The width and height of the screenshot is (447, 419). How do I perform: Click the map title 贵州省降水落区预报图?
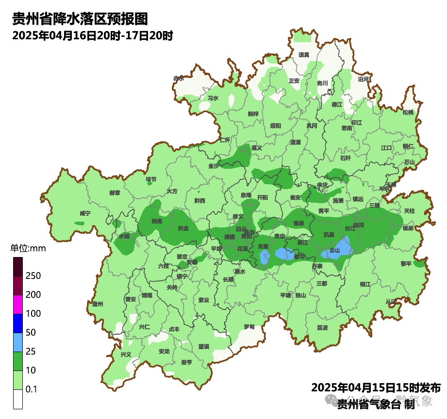pyautogui.click(x=80, y=19)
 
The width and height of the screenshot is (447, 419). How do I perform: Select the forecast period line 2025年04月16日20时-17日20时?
pyautogui.click(x=93, y=35)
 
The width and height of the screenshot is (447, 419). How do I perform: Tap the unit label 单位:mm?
pyautogui.click(x=28, y=249)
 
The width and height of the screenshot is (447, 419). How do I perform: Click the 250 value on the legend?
pyautogui.click(x=33, y=276)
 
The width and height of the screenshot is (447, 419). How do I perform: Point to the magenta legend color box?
pyautogui.click(x=18, y=304)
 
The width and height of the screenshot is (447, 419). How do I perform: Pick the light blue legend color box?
pyautogui.click(x=18, y=342)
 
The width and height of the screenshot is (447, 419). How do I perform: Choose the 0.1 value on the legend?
pyautogui.click(x=32, y=389)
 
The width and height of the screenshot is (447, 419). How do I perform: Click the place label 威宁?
pyautogui.click(x=85, y=213)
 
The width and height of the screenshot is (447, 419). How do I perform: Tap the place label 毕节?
pyautogui.click(x=151, y=179)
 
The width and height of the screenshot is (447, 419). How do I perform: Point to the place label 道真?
pyautogui.click(x=304, y=55)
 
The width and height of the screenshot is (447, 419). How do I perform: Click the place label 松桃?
pyautogui.click(x=408, y=113)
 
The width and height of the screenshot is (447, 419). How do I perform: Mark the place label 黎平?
pyautogui.click(x=406, y=264)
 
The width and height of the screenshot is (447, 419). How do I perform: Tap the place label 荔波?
pyautogui.click(x=322, y=328)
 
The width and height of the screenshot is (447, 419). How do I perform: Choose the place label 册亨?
pyautogui.click(x=186, y=362)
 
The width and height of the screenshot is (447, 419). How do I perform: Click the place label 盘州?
pyautogui.click(x=98, y=304)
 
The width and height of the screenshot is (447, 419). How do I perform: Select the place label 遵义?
pyautogui.click(x=257, y=147)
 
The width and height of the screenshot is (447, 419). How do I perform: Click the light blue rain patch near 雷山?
pyautogui.click(x=343, y=247)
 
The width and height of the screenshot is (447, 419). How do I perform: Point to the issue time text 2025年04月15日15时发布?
pyautogui.click(x=376, y=388)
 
